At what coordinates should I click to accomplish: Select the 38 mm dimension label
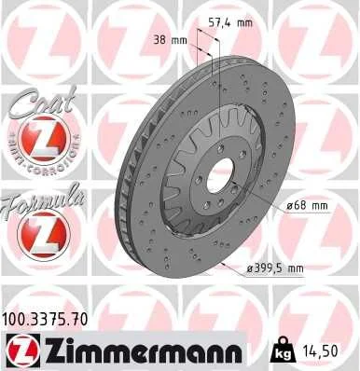168,40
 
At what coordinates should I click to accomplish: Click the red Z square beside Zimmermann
19,351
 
